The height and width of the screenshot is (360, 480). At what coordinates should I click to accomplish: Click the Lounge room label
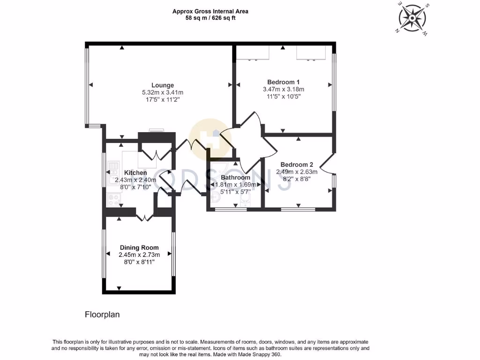[163, 85]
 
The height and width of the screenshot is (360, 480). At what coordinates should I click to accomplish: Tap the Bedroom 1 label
[284, 82]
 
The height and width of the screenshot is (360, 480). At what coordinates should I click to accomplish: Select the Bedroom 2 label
[297, 165]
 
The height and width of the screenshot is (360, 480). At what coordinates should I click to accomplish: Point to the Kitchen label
[135, 172]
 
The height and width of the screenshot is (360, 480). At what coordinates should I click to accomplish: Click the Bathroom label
[235, 178]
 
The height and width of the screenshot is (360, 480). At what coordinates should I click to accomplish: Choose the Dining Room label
[139, 247]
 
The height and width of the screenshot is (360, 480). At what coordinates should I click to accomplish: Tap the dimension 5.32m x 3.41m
[163, 92]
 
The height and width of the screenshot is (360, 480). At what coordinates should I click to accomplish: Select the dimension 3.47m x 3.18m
[284, 89]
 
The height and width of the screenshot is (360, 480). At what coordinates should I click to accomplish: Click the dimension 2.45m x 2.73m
[139, 255]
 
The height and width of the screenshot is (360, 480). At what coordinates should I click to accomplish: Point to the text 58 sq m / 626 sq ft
[210, 18]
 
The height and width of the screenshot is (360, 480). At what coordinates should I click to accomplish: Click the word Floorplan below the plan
[102, 315]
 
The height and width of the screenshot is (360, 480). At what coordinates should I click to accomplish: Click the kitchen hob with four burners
[113, 200]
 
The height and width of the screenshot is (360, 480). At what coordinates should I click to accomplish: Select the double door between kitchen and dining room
[144, 217]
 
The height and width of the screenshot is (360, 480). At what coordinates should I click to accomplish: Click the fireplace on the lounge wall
[156, 131]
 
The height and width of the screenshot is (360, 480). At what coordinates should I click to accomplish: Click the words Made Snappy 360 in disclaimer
[260, 355]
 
